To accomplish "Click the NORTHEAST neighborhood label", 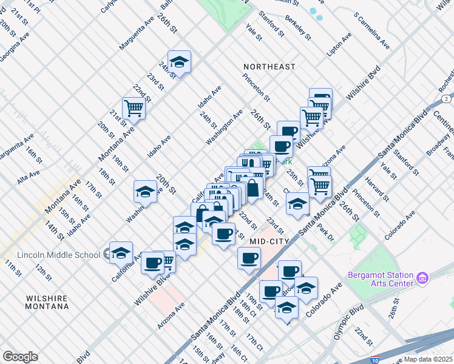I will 269,67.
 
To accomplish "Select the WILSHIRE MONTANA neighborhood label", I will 47,302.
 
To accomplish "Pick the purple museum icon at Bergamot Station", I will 422,279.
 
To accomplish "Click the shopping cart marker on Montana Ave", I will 134,109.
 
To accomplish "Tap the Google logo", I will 20,357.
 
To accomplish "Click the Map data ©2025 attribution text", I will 428,359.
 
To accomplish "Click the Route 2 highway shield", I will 446,98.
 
